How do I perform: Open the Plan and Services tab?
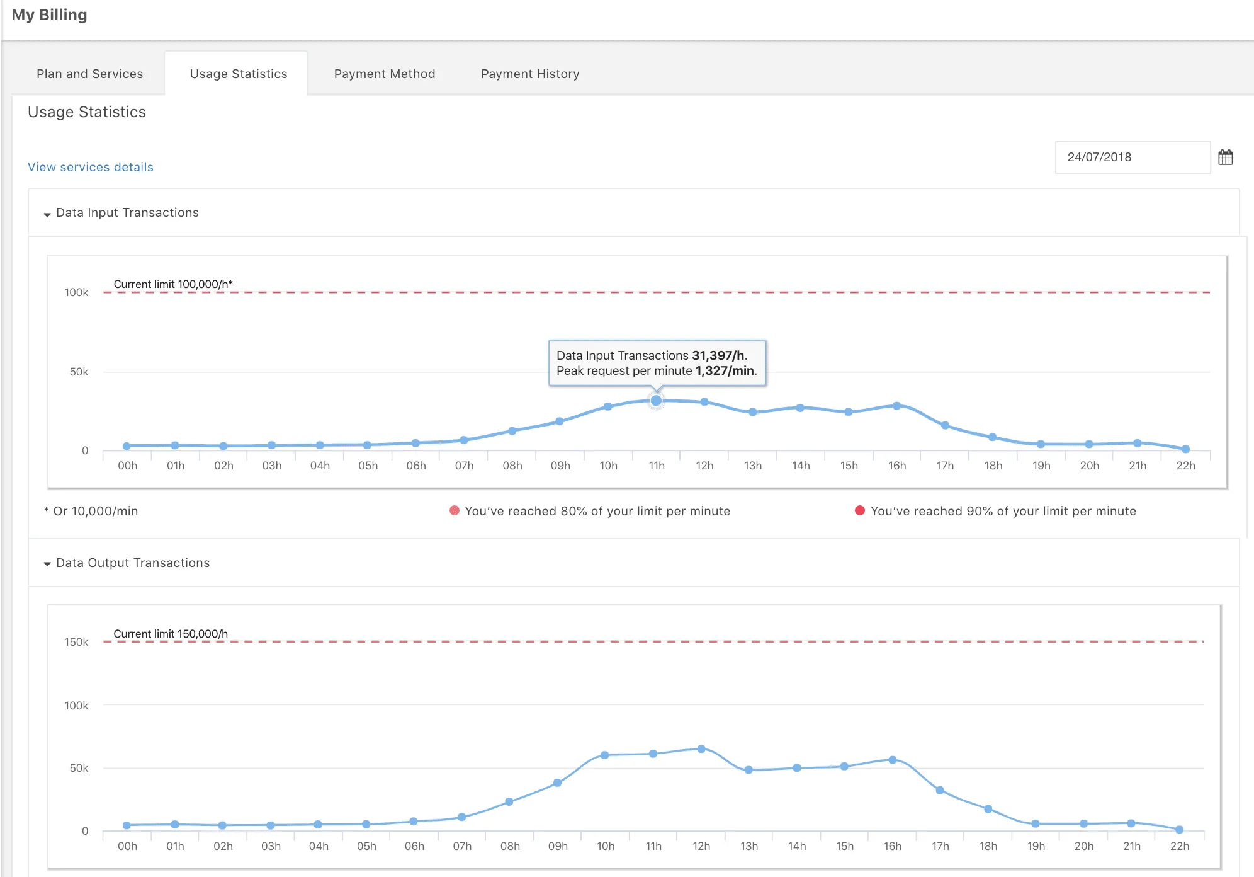click(89, 74)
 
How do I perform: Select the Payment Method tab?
click(384, 74)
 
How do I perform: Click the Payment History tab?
click(530, 74)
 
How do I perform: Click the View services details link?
click(91, 167)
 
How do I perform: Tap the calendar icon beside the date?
click(1225, 158)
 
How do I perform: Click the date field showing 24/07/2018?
click(1132, 158)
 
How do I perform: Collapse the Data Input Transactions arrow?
click(47, 214)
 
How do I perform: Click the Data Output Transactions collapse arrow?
click(47, 564)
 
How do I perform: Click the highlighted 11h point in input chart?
click(656, 401)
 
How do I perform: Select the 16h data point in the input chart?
click(896, 406)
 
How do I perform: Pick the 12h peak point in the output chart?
click(701, 749)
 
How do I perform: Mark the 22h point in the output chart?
click(1179, 830)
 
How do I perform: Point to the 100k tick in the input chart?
click(76, 292)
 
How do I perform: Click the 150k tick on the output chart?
click(76, 642)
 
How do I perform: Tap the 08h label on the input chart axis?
click(512, 466)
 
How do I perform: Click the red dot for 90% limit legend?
click(859, 510)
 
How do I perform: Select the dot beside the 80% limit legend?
click(454, 510)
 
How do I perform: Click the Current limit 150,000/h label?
click(171, 633)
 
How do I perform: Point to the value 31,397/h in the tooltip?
click(718, 355)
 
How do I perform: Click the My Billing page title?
click(49, 15)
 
